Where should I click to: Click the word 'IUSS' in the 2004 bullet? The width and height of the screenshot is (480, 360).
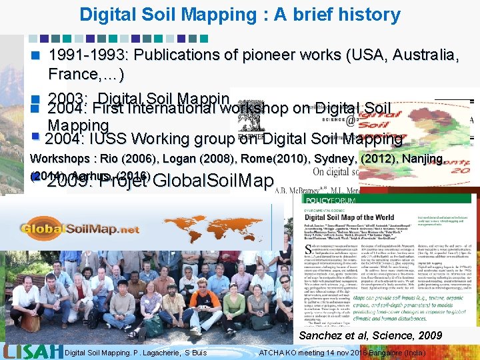coord(108,139)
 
